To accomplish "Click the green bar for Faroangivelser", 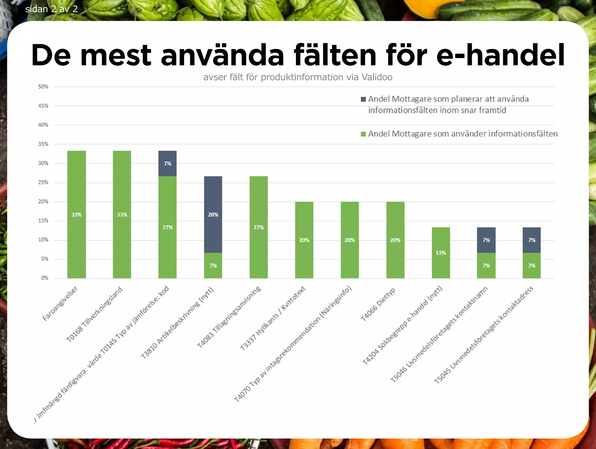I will (x=77, y=214).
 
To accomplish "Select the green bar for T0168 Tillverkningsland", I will (x=122, y=214).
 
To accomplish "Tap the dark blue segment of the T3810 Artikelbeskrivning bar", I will (x=213, y=214).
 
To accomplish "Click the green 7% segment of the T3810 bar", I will (x=213, y=265).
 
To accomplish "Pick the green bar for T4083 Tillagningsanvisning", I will (x=259, y=227).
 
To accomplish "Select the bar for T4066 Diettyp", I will (x=395, y=240).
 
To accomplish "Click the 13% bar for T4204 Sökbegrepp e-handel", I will (x=441, y=252).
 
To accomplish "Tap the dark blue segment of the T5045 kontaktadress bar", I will (x=532, y=240).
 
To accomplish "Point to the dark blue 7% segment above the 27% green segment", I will (x=167, y=163).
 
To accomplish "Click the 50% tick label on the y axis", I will (x=43, y=86).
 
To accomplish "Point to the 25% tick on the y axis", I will (x=43, y=182).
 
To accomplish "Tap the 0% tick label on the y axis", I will (x=45, y=278).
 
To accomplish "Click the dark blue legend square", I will (x=363, y=99).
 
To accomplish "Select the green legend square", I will (x=363, y=134).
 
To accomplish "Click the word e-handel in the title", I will (x=501, y=55).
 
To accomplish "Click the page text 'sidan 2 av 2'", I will (x=52, y=9).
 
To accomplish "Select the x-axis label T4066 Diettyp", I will (x=378, y=304).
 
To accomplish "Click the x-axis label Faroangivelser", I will (x=60, y=303).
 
